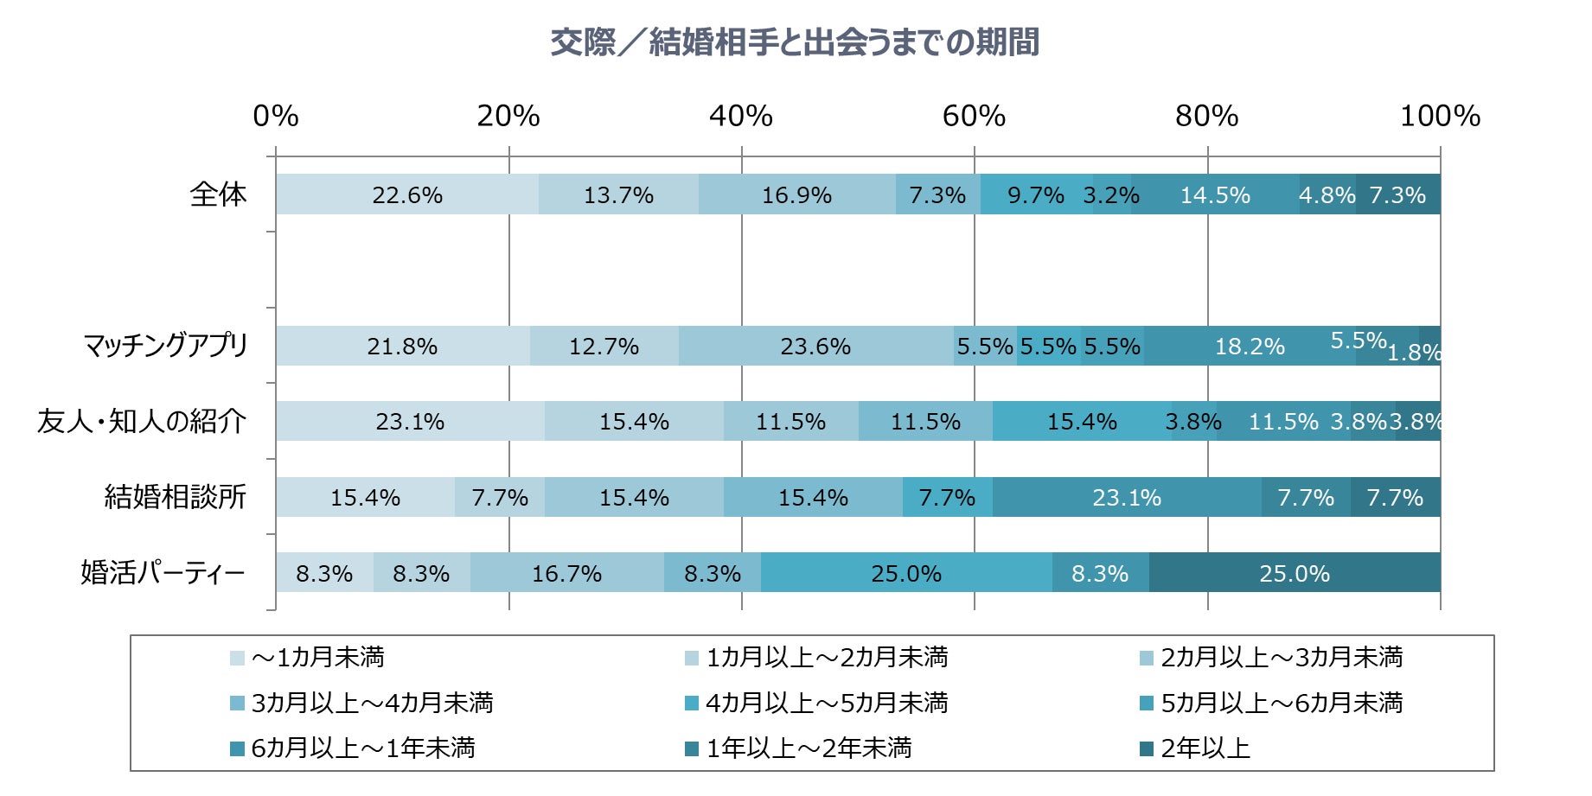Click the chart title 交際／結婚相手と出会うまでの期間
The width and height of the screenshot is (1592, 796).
(x=795, y=41)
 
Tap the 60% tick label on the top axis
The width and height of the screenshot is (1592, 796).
(x=974, y=116)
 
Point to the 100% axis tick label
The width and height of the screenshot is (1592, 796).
(x=1440, y=116)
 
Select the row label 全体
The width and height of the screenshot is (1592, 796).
(x=218, y=194)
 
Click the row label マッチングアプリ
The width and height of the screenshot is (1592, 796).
(x=165, y=346)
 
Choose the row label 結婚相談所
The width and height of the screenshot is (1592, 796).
(x=175, y=497)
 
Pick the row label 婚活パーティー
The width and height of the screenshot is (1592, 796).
(x=163, y=573)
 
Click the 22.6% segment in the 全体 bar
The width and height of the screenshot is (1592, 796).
(x=406, y=194)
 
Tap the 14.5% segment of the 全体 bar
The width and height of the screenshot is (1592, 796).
(x=1215, y=194)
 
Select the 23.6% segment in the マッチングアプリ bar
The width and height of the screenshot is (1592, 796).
(x=815, y=346)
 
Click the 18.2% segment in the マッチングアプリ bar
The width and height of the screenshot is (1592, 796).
(x=1250, y=346)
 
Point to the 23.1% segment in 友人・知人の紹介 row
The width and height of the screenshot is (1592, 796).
(x=410, y=422)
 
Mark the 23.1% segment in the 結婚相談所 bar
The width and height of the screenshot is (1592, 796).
(x=1126, y=497)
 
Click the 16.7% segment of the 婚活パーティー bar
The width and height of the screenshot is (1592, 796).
(x=566, y=573)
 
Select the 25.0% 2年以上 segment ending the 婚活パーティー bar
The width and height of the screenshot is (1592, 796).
(x=1294, y=573)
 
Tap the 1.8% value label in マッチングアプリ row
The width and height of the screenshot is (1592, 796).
(x=1415, y=353)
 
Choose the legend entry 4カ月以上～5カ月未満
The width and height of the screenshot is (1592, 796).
(x=826, y=703)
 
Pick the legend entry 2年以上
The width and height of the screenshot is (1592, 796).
(x=1205, y=748)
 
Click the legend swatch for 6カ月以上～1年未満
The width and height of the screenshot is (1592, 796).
(x=238, y=748)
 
